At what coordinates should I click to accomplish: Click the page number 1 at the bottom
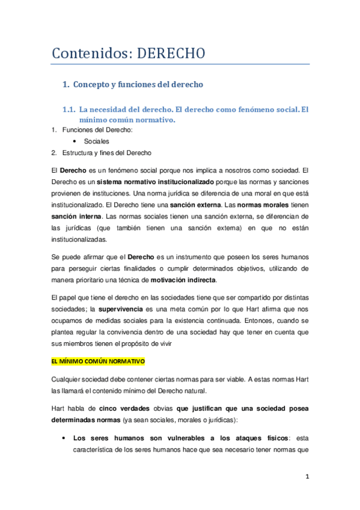point(307,477)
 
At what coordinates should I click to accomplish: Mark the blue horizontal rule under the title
point(180,64)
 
